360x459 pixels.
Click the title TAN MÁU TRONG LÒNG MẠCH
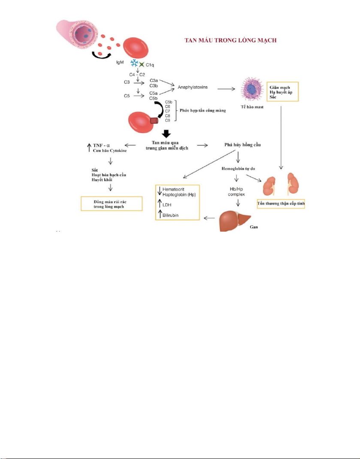click(230, 40)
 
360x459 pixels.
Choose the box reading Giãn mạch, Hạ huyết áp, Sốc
click(282, 92)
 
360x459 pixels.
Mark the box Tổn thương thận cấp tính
click(280, 204)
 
